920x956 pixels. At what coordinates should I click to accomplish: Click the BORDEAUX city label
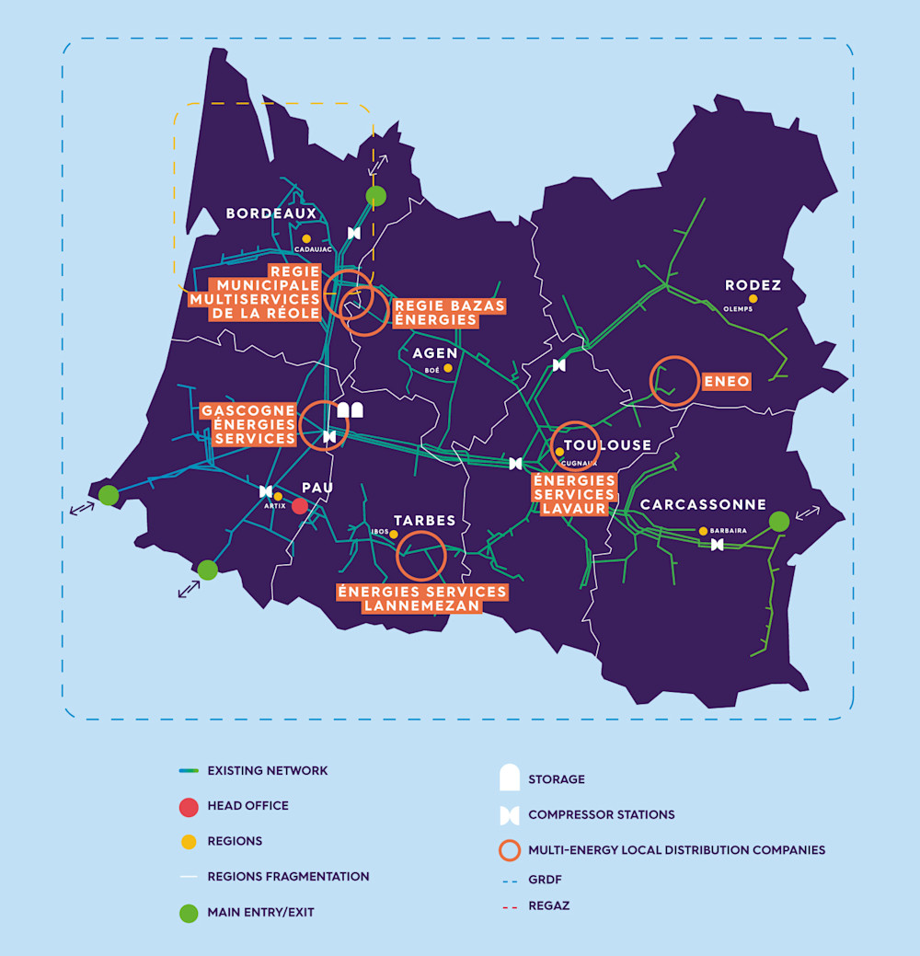pos(271,213)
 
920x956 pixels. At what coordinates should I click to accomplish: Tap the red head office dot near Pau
pos(300,506)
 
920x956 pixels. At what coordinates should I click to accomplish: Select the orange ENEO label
pos(727,380)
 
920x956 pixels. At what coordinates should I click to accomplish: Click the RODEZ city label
pos(753,285)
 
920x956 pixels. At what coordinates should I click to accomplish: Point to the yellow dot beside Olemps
pos(753,298)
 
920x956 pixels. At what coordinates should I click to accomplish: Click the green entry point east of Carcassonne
pos(779,521)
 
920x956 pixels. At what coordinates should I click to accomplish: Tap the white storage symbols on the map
pos(351,410)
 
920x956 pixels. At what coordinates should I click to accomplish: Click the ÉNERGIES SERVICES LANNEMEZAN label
pos(422,598)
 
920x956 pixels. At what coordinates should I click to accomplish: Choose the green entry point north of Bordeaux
pos(375,196)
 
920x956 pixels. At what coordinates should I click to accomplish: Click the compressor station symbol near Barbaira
pos(717,545)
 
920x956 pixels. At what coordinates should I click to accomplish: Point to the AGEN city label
pos(435,353)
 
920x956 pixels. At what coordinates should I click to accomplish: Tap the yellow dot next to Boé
pos(448,368)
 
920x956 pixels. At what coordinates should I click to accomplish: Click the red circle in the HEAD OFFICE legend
pos(189,807)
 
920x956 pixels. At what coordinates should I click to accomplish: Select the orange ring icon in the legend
pos(510,849)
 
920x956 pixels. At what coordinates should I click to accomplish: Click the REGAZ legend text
pos(548,905)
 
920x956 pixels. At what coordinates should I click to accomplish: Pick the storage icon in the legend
pos(510,777)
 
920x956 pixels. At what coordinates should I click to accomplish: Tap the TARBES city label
pos(424,520)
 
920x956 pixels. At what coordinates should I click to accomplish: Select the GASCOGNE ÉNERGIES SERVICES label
pos(249,424)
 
